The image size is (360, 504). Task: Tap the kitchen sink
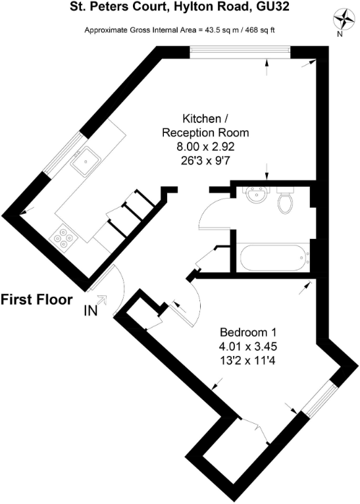coord(86,159)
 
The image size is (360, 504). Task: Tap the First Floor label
coord(36,300)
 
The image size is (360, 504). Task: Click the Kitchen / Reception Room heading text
coord(206,126)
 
